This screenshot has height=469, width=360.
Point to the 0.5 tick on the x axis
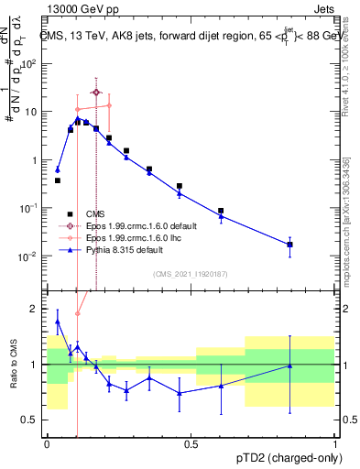191,444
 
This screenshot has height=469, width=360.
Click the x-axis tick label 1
335,444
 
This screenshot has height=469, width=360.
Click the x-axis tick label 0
47,444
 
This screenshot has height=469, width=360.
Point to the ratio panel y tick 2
37,309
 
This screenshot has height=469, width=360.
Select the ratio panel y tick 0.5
32,420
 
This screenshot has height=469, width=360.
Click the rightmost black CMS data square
290,245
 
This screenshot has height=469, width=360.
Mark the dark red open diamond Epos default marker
96,93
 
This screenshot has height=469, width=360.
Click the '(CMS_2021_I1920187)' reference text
190,274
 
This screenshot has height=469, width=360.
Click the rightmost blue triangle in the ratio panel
290,365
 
